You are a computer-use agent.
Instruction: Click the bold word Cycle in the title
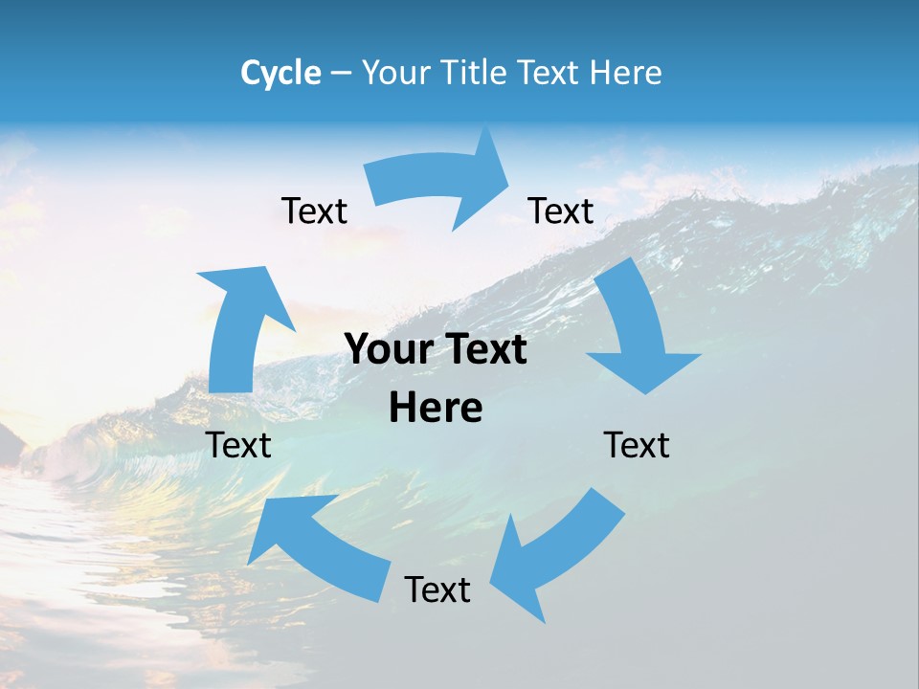tap(280, 73)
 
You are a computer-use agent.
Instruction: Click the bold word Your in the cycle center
tap(390, 350)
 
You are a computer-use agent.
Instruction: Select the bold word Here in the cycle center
tap(436, 409)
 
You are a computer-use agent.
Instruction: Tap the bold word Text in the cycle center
tap(483, 350)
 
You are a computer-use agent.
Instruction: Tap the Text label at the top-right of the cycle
tap(561, 211)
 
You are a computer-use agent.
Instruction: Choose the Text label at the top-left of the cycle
tap(314, 211)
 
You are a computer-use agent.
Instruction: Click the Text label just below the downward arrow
tap(637, 445)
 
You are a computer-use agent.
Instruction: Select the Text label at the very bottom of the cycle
tap(437, 589)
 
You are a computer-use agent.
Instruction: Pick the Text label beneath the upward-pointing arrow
tap(238, 445)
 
